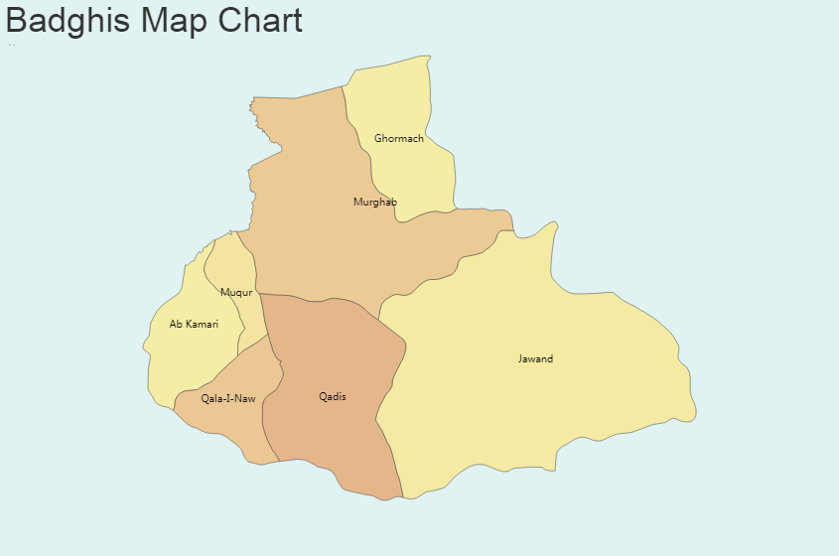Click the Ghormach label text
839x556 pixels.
click(398, 139)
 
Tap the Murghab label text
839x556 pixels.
click(374, 203)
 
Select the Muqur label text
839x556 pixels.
click(236, 293)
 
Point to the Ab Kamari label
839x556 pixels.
click(194, 325)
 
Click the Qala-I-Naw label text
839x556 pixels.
click(228, 399)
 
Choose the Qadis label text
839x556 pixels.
click(333, 397)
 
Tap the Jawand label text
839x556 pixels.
click(535, 359)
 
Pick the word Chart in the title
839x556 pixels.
click(260, 20)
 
